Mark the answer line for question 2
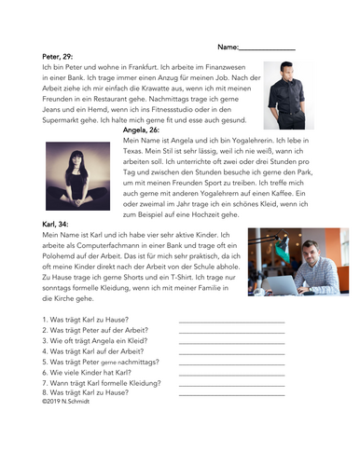point(230,332)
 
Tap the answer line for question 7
point(230,385)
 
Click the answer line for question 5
point(230,363)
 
